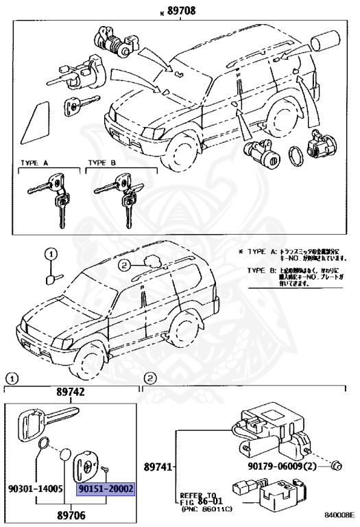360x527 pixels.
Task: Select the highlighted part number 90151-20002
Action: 106,489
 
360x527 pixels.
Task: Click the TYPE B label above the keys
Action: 100,163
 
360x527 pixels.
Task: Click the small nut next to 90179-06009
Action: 337,467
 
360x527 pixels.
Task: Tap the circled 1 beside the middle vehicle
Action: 50,255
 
